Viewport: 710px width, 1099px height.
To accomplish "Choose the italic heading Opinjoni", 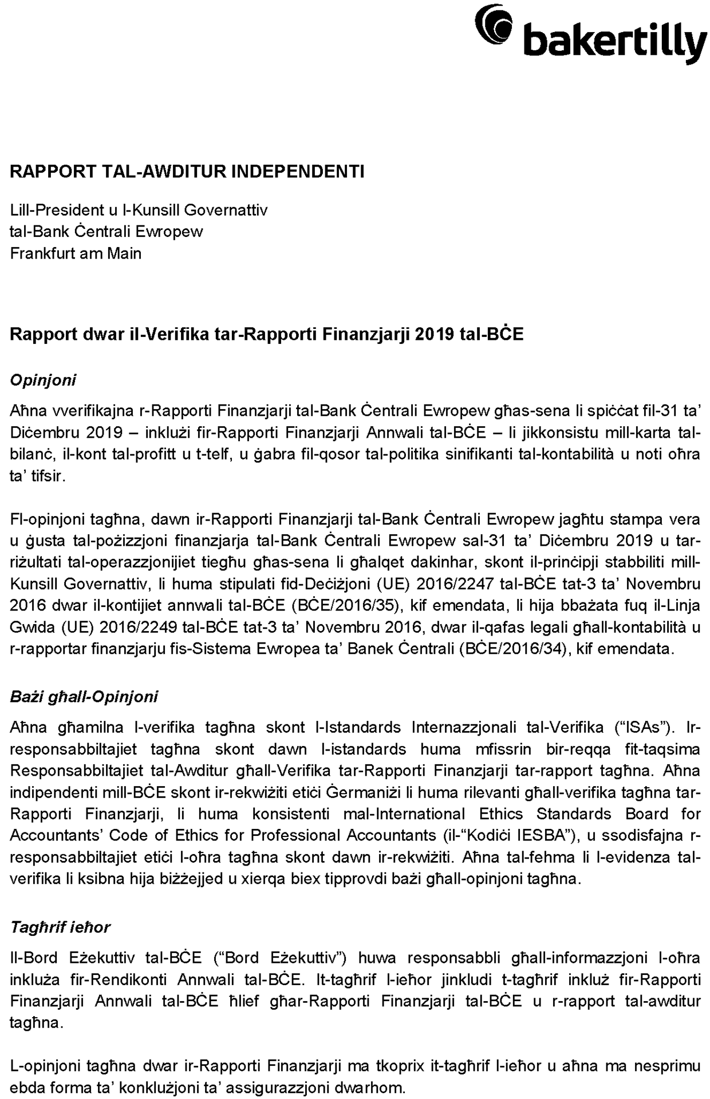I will point(43,380).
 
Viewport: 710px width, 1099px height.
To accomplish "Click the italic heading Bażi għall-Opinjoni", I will point(84,697).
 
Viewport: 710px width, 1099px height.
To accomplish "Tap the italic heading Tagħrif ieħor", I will point(60,927).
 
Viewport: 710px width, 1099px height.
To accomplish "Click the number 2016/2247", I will point(455,584).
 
